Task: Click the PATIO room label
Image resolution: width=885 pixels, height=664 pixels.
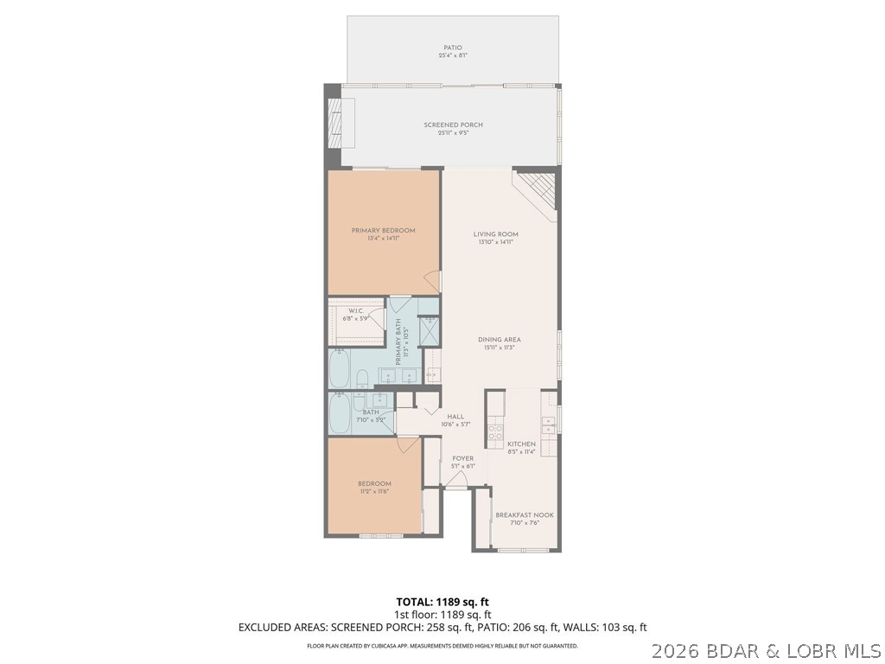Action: pos(452,48)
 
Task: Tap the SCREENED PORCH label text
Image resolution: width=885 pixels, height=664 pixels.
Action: pos(453,125)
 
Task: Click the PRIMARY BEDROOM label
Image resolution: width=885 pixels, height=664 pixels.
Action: pos(383,230)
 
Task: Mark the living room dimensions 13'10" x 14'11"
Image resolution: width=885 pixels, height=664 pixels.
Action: pos(495,242)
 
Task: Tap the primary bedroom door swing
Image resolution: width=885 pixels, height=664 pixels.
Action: pos(433,280)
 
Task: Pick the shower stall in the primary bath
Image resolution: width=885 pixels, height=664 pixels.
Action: pos(429,330)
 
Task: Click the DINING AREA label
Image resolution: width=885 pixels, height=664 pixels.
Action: pos(500,340)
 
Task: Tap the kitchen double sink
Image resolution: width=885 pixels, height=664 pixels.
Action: pos(549,424)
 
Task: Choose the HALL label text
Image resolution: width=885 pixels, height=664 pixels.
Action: pos(455,417)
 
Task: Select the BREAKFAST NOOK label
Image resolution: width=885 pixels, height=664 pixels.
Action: pos(525,515)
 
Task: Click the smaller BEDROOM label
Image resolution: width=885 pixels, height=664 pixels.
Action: pos(374,483)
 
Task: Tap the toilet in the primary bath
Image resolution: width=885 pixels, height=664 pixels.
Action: pos(364,377)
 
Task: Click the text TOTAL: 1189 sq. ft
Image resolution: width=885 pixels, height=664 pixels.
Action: pos(442,601)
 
